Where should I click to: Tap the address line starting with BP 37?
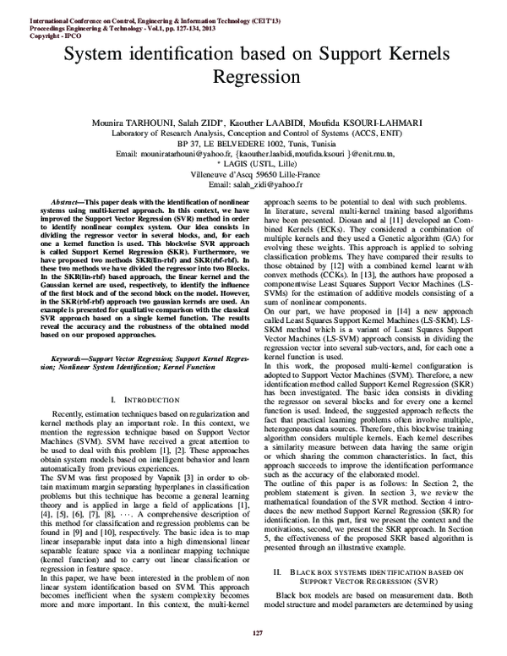click(253, 145)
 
